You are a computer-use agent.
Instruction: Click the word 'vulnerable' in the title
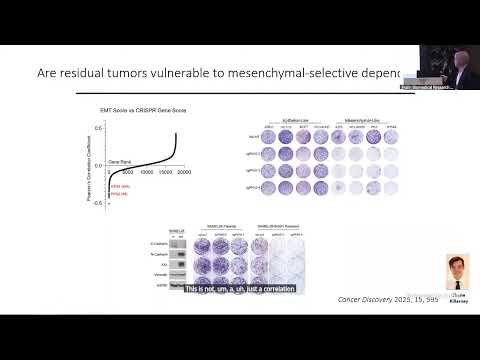[222, 73]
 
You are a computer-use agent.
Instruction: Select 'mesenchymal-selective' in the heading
[327, 73]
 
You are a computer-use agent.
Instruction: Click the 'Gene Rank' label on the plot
[92, 161]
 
